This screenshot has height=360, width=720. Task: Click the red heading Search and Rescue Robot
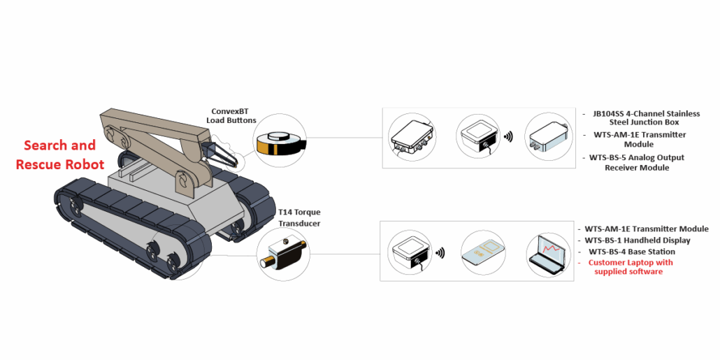pyautogui.click(x=59, y=155)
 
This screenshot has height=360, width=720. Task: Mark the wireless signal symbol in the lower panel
pyautogui.click(x=440, y=252)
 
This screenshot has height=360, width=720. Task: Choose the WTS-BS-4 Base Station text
pyautogui.click(x=631, y=251)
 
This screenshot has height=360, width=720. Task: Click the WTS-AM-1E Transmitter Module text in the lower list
pyautogui.click(x=646, y=229)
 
